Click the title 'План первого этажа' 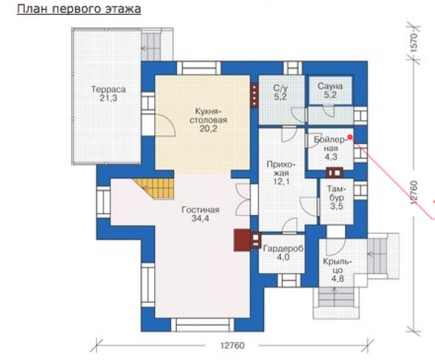79,9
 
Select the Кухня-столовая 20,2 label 208,120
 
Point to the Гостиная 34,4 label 200,214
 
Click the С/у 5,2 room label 280,92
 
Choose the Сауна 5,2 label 330,90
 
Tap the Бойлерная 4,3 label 331,148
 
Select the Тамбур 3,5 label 336,197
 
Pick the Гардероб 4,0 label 283,253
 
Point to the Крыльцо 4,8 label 337,270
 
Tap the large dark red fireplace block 242,240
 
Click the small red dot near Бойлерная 350,137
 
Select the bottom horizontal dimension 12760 232,345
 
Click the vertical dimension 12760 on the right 414,192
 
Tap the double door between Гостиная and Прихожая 243,199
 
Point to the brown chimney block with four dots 255,95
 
